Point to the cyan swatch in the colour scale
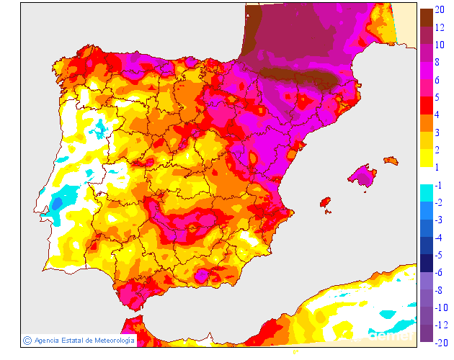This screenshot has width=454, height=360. click(426, 193)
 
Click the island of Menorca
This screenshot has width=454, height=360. click(391, 159)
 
